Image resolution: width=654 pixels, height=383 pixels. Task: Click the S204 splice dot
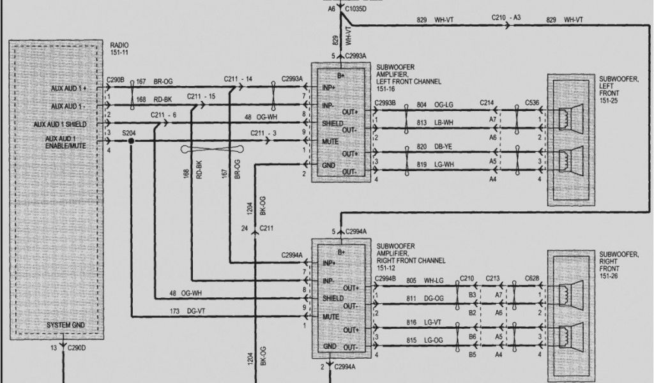click(x=131, y=141)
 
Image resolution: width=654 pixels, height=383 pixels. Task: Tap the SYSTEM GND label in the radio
click(x=67, y=326)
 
